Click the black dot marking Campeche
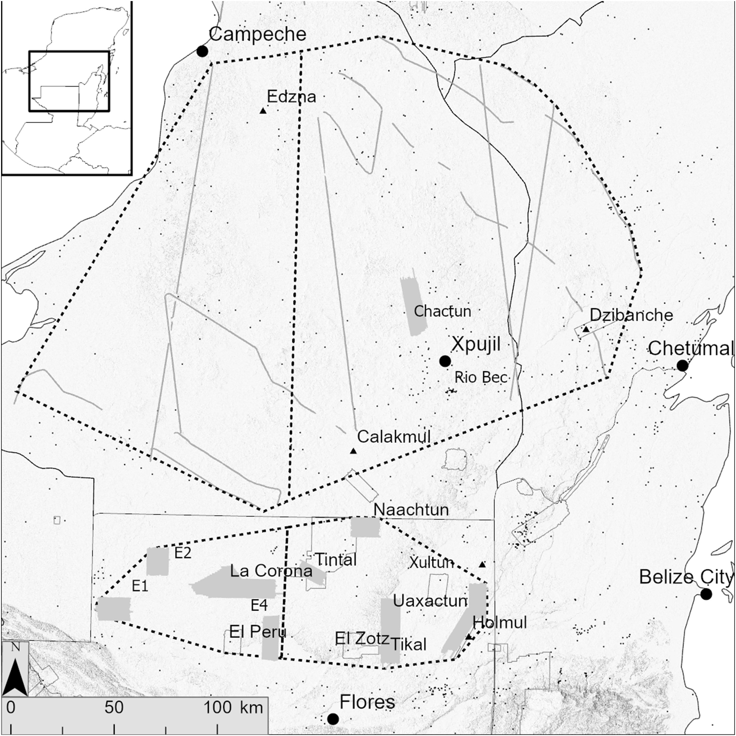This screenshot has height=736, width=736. coord(202,51)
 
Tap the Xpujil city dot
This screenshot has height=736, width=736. coord(445,361)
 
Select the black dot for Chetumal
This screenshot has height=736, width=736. coord(682,366)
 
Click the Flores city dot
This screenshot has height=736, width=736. coord(333,719)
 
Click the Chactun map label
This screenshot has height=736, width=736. coord(442,311)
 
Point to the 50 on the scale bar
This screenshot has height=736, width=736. coord(114,708)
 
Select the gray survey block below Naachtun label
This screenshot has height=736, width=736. coord(365,527)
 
